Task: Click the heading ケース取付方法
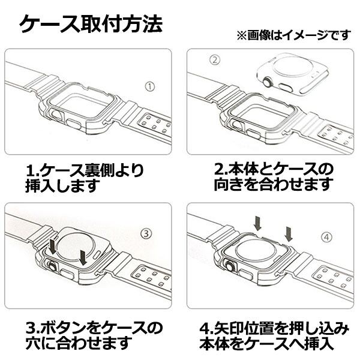[x=90, y=25]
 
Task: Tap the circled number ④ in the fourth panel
[x=326, y=237]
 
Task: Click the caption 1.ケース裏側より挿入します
[x=84, y=178]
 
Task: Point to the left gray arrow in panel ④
[x=258, y=224]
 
